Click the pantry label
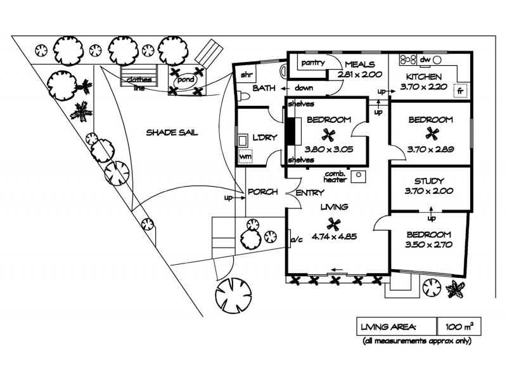[x=313, y=63]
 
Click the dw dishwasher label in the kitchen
[x=425, y=60]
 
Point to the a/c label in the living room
[x=295, y=240]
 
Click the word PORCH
[x=262, y=192]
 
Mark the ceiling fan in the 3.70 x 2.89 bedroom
[x=432, y=133]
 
